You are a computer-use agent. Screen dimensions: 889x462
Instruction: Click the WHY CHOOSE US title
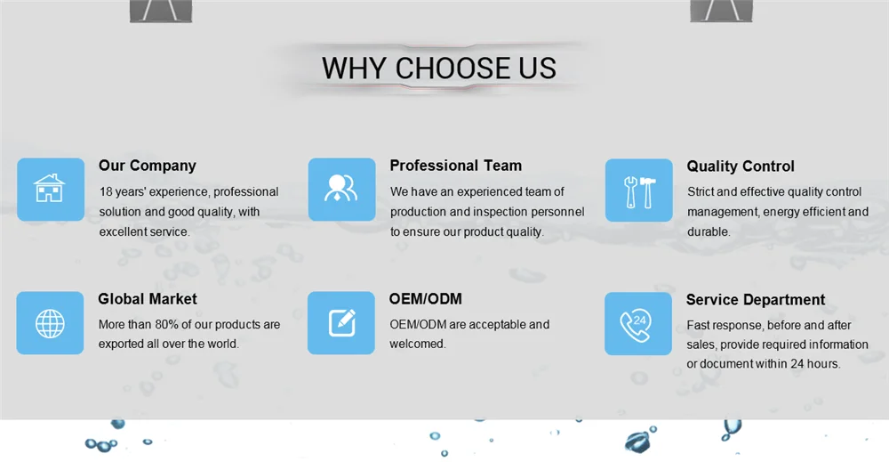(x=439, y=69)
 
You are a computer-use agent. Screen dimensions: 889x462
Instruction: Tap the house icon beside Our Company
(x=50, y=189)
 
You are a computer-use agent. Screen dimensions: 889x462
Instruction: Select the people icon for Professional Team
(x=340, y=189)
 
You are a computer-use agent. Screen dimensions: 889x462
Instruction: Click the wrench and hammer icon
(x=639, y=191)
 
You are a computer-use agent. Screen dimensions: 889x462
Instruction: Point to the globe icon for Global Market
(x=50, y=323)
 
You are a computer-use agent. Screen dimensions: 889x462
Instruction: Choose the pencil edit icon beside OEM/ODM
(x=342, y=322)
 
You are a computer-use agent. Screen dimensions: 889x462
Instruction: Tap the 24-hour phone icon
(x=637, y=325)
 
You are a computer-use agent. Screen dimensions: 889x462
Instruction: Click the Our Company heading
(x=148, y=166)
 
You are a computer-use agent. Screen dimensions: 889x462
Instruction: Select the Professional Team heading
(x=455, y=166)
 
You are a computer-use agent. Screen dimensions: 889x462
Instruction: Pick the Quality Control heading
(x=741, y=166)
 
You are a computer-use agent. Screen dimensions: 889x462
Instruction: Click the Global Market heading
(x=148, y=298)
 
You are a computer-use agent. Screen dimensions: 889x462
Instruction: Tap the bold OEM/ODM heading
(x=425, y=298)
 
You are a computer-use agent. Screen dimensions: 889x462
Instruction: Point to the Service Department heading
(x=756, y=300)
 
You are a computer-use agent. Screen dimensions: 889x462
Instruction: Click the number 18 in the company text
(x=106, y=192)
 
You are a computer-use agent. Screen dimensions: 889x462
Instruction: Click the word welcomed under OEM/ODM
(x=417, y=344)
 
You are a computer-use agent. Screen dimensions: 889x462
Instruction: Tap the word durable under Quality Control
(x=709, y=231)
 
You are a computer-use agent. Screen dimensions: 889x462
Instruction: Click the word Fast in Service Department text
(x=697, y=325)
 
